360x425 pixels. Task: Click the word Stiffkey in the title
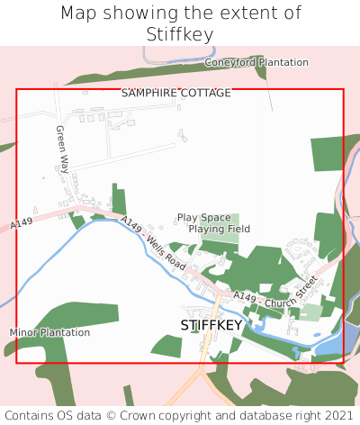180,34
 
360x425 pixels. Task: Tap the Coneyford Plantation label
256,62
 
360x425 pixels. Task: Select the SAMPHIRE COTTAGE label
176,93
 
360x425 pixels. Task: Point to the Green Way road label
63,149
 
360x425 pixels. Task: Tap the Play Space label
204,217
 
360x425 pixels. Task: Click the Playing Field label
219,229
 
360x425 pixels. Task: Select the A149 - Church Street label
275,290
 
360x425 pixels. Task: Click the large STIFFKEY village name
211,324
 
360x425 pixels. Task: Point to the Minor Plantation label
50,332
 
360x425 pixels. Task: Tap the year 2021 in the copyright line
338,415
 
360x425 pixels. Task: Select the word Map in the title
79,14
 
